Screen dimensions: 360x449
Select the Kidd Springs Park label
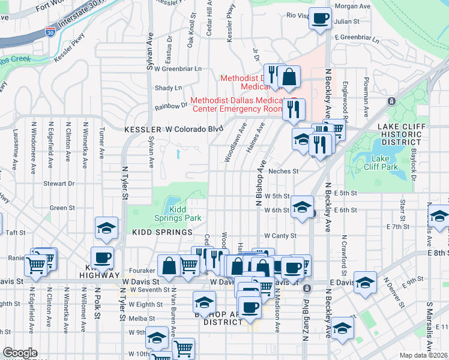coord(185,213)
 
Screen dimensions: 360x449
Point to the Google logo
coord(20,353)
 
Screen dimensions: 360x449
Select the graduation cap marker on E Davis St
coord(365,283)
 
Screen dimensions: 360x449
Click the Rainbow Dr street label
coord(171,106)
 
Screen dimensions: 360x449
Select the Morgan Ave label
coord(351,6)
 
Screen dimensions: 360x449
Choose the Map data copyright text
coord(424,355)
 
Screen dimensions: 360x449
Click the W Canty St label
coord(277,236)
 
